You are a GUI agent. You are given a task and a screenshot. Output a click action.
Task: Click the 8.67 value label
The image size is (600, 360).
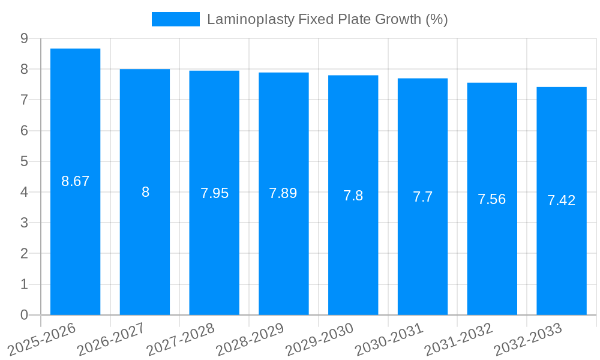pos(75,181)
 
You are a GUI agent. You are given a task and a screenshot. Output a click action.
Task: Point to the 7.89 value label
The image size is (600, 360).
pos(283,193)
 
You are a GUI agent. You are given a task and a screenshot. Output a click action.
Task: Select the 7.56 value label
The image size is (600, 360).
pos(491,199)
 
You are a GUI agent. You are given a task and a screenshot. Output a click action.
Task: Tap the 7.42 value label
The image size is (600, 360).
pos(561,200)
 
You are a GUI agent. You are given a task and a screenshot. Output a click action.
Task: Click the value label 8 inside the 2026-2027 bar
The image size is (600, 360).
pos(145,192)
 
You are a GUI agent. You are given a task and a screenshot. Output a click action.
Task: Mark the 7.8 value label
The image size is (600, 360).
pos(353,196)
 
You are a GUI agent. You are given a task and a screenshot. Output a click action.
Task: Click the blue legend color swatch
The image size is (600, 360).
pos(175,19)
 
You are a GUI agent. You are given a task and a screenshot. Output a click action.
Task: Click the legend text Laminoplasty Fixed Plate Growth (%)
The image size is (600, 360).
pos(327,19)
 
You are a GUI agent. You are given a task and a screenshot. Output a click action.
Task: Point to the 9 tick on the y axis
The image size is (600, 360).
pos(24,38)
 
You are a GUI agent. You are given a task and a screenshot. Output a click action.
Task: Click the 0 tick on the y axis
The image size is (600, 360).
pos(24,315)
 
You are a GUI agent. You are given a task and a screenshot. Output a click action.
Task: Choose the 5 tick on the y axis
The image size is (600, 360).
pos(24,161)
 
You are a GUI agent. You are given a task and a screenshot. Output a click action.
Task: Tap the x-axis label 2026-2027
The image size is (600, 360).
pos(112,339)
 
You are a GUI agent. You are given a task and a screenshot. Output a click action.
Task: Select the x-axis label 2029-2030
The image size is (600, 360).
pos(320,339)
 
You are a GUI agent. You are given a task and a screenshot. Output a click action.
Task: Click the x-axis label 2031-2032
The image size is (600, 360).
pos(458,339)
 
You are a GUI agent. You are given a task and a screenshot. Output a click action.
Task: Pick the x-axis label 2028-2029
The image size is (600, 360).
pos(250,339)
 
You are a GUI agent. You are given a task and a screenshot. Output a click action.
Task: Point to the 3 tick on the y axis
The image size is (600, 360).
pos(24,223)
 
